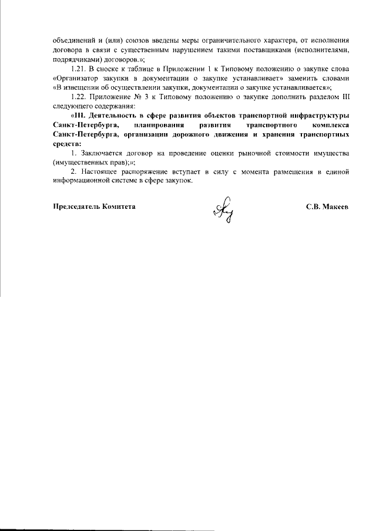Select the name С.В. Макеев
tap(328, 207)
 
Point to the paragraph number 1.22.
tap(78, 96)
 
